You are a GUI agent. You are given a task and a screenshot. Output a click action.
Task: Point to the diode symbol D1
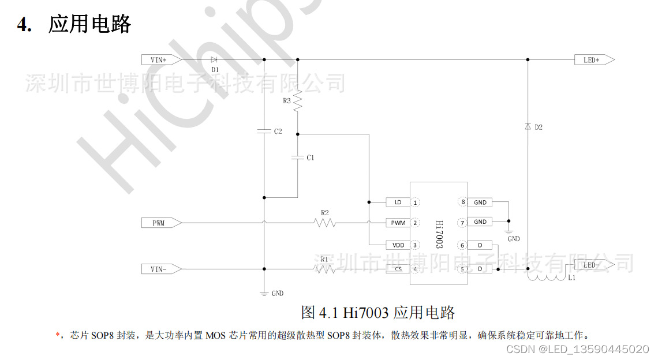(x=214, y=59)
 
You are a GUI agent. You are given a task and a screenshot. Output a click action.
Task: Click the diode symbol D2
(x=528, y=127)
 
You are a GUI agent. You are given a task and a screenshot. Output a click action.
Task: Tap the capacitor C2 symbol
(x=264, y=131)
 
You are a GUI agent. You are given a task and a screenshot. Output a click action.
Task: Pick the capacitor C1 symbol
(x=298, y=157)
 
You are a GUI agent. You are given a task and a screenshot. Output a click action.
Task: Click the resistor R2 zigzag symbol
(x=325, y=223)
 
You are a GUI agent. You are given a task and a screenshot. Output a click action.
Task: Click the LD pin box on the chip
(x=398, y=202)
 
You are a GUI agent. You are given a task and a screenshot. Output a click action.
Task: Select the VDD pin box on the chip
(x=398, y=245)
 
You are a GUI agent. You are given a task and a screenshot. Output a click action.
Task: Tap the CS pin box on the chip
(x=398, y=269)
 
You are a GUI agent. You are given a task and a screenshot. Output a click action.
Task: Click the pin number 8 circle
(x=462, y=202)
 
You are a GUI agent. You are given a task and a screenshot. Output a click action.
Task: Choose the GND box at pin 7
(x=480, y=222)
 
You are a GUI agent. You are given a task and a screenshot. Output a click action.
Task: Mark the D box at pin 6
(x=480, y=245)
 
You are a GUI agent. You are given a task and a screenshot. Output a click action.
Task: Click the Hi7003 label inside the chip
(x=439, y=233)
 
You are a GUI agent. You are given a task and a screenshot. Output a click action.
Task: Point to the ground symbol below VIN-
(x=264, y=293)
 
